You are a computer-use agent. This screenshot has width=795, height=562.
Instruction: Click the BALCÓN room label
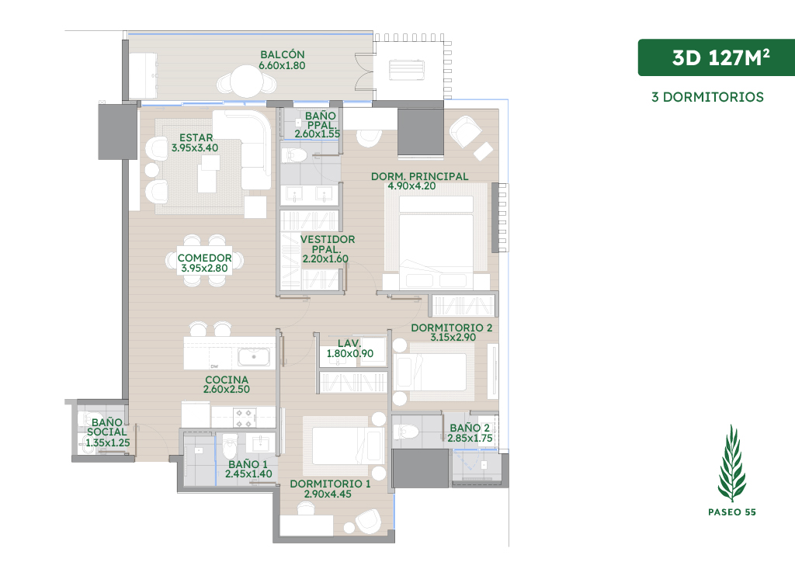[283, 54]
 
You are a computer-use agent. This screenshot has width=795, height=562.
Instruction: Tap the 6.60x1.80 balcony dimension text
[282, 65]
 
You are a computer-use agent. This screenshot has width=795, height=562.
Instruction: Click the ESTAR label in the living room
[196, 138]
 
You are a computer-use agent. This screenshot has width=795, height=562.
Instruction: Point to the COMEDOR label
[204, 258]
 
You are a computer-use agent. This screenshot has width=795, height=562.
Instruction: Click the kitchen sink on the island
[254, 357]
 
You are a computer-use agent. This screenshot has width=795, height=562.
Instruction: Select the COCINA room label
[227, 380]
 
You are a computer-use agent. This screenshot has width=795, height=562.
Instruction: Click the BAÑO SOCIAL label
[107, 427]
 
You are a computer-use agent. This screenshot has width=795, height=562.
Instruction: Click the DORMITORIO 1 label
[330, 484]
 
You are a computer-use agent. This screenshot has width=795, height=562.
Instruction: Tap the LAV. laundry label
[349, 343]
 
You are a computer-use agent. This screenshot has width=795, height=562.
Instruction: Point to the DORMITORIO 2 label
[451, 328]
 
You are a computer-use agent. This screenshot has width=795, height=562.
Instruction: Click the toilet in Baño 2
[406, 432]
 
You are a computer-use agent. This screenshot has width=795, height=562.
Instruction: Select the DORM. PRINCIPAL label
[420, 176]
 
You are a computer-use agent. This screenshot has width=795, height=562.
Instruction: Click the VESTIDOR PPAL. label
[327, 245]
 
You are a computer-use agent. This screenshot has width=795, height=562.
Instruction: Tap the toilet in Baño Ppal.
[294, 155]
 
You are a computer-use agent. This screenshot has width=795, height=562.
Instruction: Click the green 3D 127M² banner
[717, 57]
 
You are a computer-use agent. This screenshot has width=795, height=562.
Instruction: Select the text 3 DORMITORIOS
[707, 97]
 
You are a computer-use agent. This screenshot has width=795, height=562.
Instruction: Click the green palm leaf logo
[731, 463]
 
